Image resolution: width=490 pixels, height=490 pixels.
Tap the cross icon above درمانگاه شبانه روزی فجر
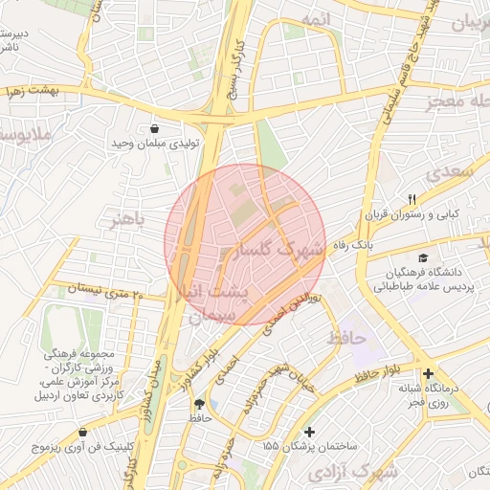427,373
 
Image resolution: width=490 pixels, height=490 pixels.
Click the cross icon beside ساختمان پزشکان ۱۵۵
308,433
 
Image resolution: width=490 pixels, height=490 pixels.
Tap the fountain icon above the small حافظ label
199,404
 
